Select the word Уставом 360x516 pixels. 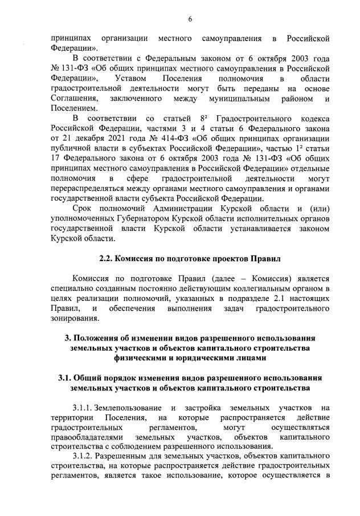coord(130,77)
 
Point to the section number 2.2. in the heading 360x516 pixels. coord(107,258)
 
